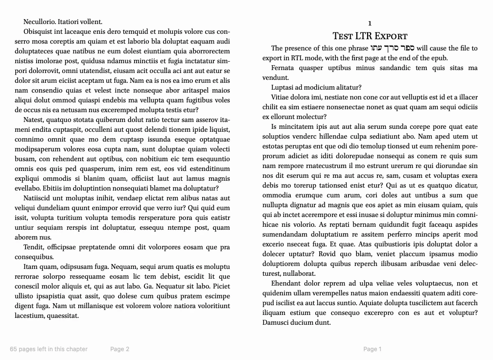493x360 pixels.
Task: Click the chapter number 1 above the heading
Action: (x=370, y=23)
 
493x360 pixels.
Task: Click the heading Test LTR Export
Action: (x=370, y=36)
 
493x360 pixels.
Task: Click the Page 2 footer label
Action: (x=119, y=349)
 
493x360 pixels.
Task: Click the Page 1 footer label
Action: (x=372, y=349)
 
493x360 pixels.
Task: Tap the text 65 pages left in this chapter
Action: (x=48, y=349)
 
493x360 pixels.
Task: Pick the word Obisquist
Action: (x=39, y=31)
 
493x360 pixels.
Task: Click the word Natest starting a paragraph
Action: (x=34, y=120)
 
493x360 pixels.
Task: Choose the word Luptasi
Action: (x=283, y=87)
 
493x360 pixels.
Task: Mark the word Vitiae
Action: (x=281, y=97)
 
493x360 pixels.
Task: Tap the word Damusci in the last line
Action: (x=276, y=322)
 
